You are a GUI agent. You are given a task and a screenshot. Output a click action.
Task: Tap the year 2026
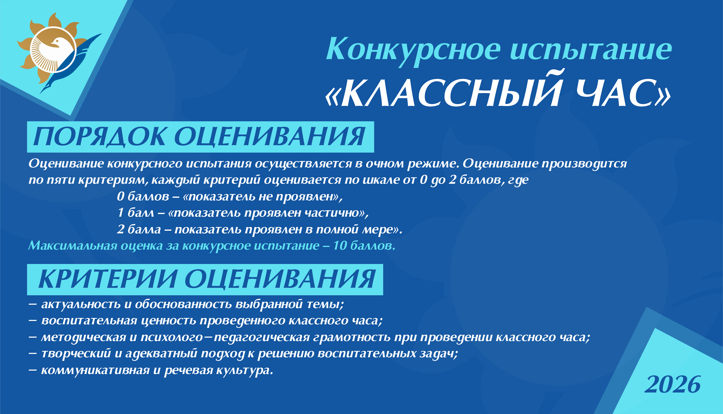click(x=672, y=384)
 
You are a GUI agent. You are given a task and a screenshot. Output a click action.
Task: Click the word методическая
click(x=84, y=337)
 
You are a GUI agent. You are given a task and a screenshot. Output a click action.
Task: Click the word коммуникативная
click(x=95, y=370)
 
